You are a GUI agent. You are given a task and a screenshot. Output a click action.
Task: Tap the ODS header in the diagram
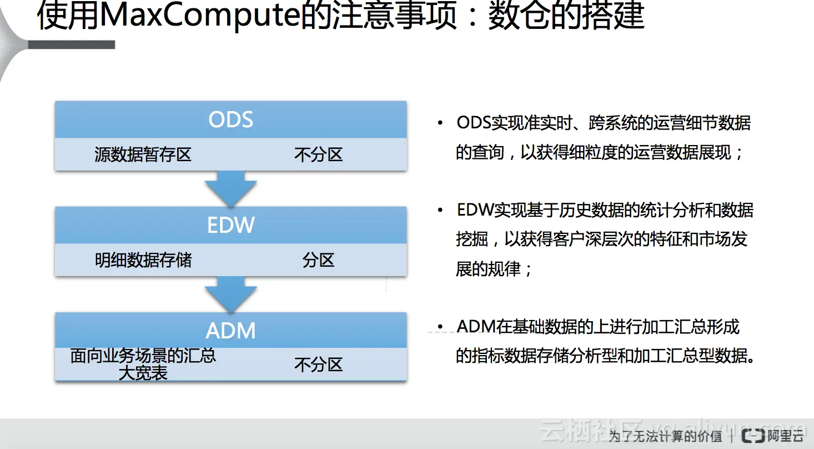tap(230, 119)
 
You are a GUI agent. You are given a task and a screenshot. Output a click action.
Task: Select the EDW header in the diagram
tap(230, 225)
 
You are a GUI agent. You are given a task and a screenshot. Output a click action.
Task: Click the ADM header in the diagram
tap(230, 331)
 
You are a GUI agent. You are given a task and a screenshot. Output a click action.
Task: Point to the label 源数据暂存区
tap(143, 154)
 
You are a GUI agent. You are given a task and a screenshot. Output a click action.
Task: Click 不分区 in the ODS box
tap(318, 154)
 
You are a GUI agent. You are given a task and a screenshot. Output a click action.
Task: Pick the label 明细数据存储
tap(143, 260)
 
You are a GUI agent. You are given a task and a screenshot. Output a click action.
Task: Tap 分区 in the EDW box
tap(318, 260)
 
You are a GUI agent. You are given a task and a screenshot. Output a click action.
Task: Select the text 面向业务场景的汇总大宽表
tap(143, 364)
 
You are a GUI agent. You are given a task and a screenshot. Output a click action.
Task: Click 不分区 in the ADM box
tap(318, 365)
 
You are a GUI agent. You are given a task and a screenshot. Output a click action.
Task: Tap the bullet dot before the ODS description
tap(440, 123)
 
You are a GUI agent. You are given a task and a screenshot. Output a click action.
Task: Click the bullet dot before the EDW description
tap(440, 211)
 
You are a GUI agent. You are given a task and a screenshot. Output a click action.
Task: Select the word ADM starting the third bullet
tap(476, 326)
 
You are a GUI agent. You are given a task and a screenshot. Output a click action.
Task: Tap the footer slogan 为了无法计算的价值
tap(665, 436)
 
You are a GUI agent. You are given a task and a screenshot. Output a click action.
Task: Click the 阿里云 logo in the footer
tap(773, 436)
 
